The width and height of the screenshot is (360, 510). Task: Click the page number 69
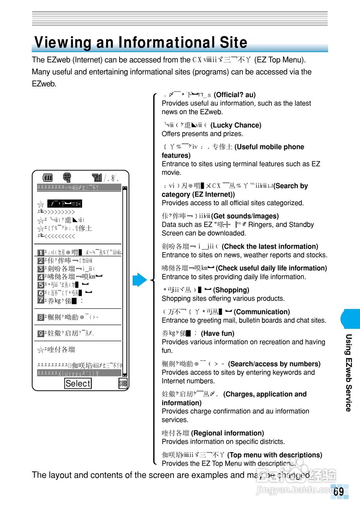[338, 492]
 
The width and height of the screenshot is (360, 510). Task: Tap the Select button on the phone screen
[78, 383]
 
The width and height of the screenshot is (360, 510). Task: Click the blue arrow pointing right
[140, 280]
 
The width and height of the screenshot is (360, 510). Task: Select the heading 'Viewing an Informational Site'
[141, 43]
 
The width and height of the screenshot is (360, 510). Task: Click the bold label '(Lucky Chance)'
[236, 125]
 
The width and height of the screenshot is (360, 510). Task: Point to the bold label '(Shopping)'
[231, 290]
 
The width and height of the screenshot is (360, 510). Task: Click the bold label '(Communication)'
[262, 312]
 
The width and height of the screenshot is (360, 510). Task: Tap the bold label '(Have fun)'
[217, 333]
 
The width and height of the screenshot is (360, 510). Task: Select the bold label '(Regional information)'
[227, 433]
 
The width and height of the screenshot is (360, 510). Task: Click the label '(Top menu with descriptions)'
[274, 455]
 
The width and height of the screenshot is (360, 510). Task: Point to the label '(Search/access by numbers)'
[274, 364]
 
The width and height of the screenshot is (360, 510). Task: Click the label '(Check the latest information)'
[270, 246]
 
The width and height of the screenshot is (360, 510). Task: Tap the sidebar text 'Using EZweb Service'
[348, 373]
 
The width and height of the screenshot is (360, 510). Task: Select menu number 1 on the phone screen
[40, 253]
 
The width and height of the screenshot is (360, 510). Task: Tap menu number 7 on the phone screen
[40, 300]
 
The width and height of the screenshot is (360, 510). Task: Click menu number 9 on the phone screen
[40, 333]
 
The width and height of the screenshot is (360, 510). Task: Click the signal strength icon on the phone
[96, 178]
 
